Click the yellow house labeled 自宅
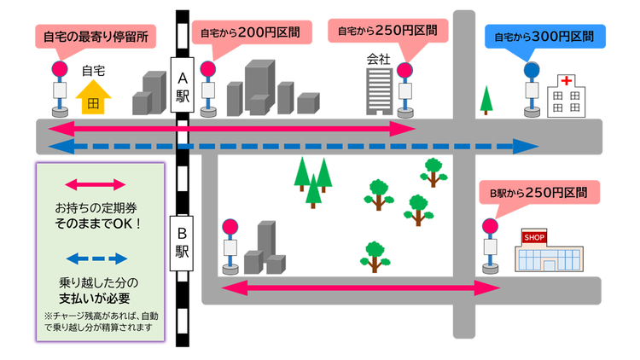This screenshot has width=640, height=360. pyautogui.click(x=93, y=96)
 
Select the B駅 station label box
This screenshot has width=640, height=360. pyautogui.click(x=182, y=242)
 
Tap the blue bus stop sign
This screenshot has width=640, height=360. pyautogui.click(x=532, y=70)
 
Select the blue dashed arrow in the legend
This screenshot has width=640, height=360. pyautogui.click(x=96, y=258)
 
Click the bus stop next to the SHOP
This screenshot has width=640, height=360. pyautogui.click(x=490, y=247)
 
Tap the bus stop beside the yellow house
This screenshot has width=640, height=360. pyautogui.click(x=60, y=89)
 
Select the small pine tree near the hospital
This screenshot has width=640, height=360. pyautogui.click(x=486, y=101)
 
